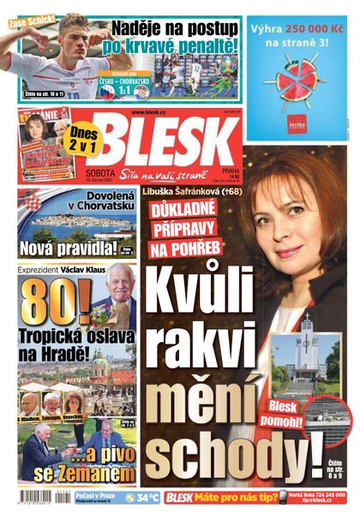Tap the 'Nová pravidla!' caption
tap(67, 248)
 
